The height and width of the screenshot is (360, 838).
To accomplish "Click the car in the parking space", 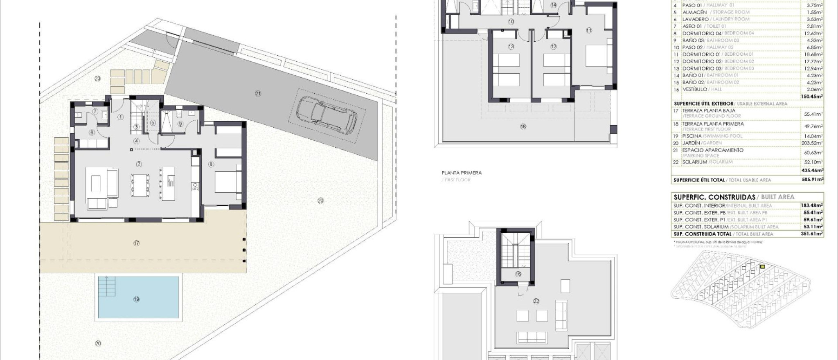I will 326,115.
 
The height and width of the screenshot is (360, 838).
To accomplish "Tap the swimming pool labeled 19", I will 138,297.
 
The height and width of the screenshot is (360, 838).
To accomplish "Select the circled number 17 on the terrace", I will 136,243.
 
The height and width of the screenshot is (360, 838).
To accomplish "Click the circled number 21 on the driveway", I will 258,94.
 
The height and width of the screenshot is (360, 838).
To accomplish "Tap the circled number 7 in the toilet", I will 95,111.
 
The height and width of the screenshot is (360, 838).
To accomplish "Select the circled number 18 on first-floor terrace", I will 523,127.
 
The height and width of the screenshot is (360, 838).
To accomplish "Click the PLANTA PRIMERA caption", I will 462,173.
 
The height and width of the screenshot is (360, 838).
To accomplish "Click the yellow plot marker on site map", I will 762,267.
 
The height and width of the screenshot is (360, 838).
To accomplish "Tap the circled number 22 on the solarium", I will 536,301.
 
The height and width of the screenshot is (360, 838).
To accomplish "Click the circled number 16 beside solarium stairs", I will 518,274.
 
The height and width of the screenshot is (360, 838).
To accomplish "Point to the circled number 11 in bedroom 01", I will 589,30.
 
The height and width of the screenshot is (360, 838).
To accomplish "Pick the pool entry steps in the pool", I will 108,286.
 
